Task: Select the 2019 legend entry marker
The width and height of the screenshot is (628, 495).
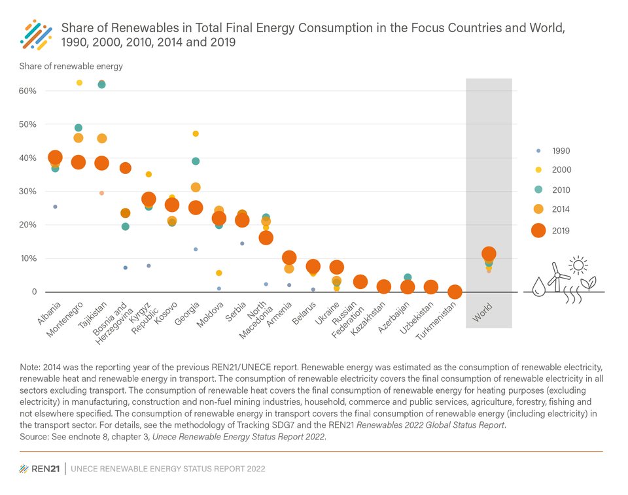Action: coord(538,230)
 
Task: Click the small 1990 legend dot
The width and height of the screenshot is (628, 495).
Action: coord(538,150)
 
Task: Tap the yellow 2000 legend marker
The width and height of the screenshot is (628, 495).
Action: coord(538,169)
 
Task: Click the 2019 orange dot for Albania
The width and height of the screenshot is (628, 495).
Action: coord(55,158)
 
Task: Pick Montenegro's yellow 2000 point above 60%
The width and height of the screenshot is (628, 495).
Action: coord(80,82)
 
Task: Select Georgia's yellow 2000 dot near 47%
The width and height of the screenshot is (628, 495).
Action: coord(196,133)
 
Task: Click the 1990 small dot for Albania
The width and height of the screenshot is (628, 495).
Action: coord(55,207)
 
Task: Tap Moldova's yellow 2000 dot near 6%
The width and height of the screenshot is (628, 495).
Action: coord(219,273)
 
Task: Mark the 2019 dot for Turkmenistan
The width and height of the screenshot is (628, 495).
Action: coord(455,292)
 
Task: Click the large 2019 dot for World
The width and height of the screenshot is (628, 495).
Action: coord(489,254)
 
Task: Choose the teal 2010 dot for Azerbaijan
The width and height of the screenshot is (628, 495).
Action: coord(408,278)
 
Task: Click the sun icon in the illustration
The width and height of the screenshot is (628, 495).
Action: coord(578,265)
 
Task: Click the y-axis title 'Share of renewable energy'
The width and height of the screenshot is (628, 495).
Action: coord(71,66)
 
